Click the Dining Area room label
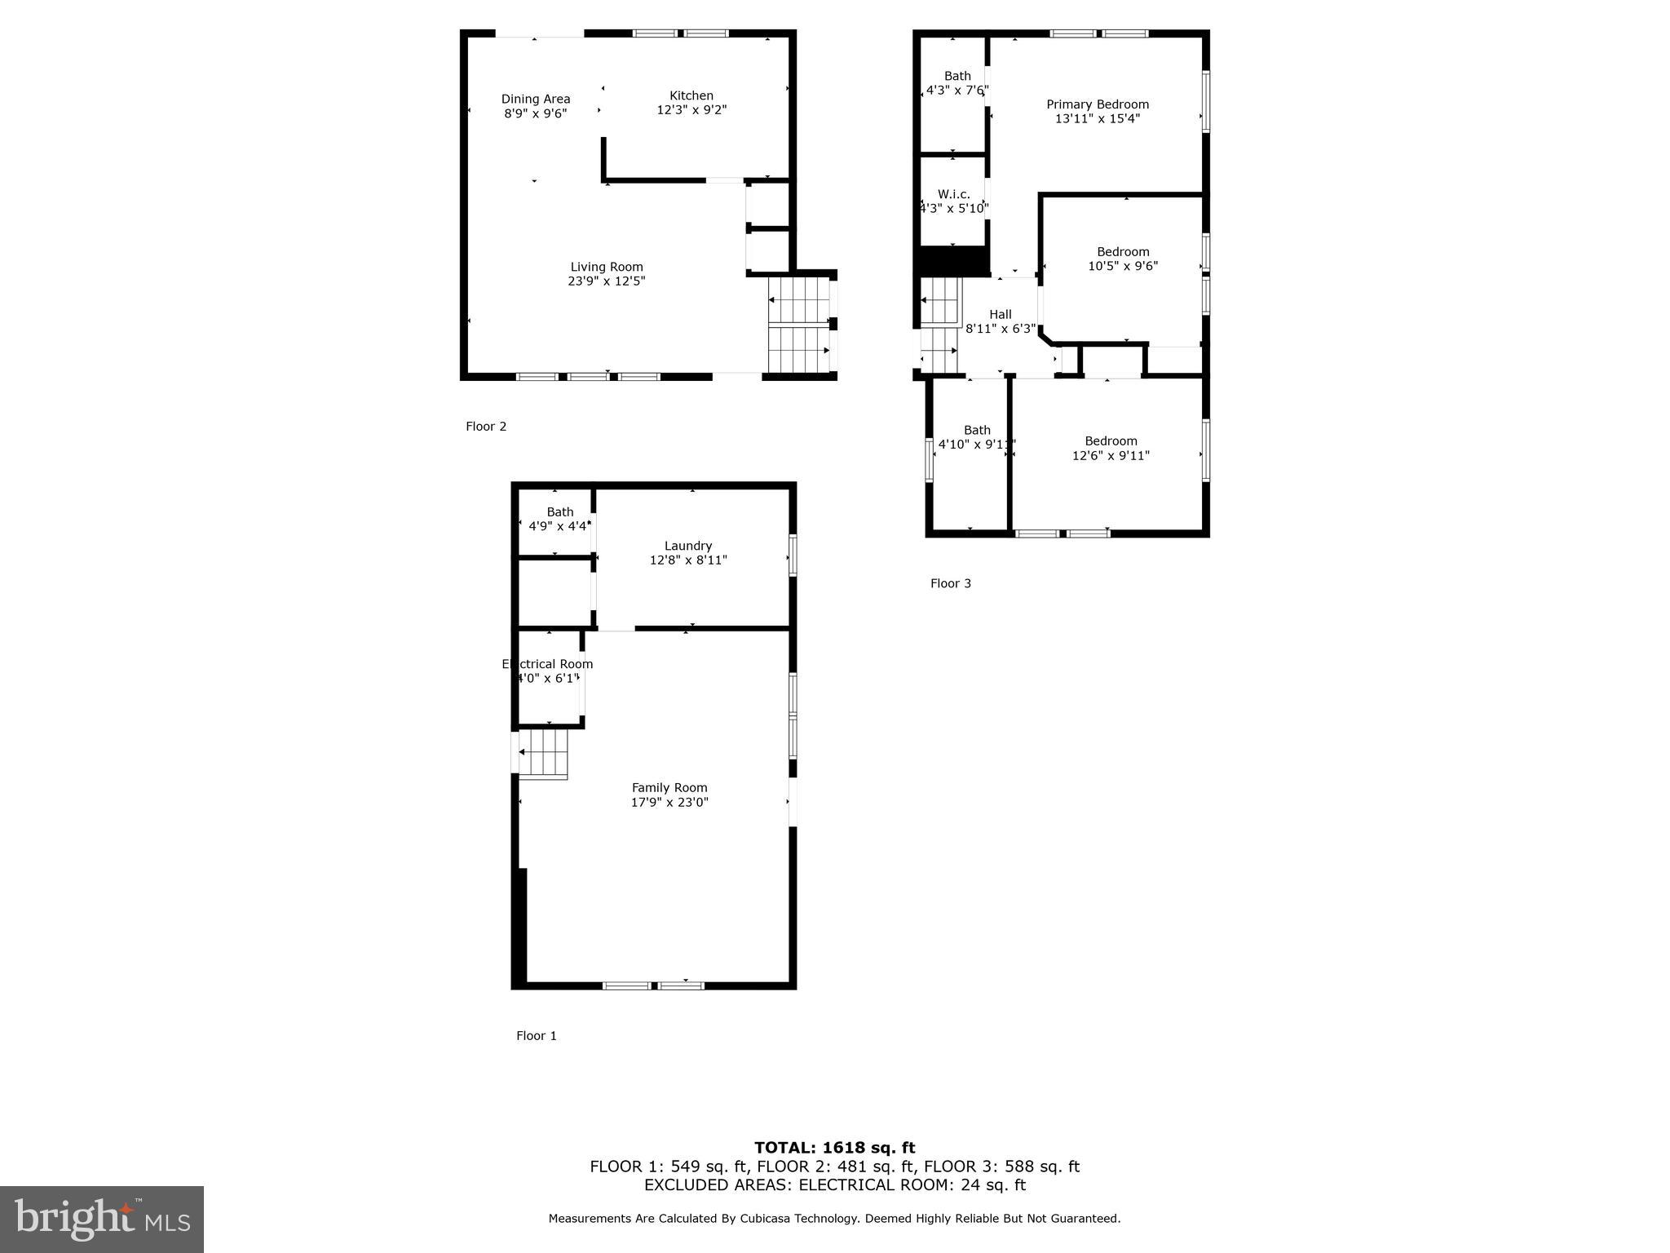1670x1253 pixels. tap(535, 100)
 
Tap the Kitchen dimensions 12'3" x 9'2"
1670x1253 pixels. tap(691, 110)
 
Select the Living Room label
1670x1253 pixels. tap(606, 267)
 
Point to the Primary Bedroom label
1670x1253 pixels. tap(1098, 104)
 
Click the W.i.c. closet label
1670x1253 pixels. tap(953, 194)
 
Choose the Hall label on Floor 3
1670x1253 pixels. tap(1000, 315)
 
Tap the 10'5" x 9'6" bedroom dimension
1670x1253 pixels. tap(1123, 266)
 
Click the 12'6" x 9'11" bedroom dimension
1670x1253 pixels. tap(1111, 456)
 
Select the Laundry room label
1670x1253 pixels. tap(688, 546)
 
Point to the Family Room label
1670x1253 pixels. tap(669, 788)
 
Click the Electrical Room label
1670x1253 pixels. tap(547, 664)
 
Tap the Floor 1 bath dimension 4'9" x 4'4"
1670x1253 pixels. tap(559, 526)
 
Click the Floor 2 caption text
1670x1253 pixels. tap(486, 427)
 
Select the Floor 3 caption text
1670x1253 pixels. tap(951, 583)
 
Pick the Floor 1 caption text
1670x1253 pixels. tap(537, 1036)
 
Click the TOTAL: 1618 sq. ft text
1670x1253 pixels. tap(834, 1148)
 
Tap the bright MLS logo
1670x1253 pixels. tap(102, 1219)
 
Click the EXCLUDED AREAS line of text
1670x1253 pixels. tap(834, 1185)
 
